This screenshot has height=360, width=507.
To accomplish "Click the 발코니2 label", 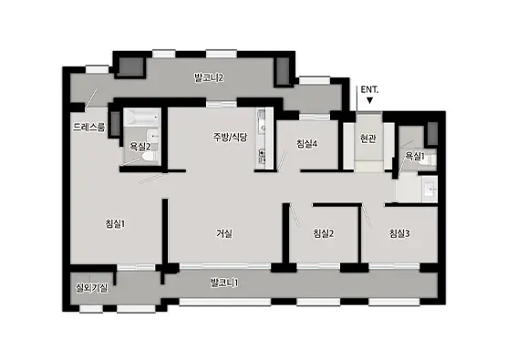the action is (x=209, y=77).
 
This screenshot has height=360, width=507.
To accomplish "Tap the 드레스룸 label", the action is (x=89, y=127).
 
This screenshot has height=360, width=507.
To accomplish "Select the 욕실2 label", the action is (x=140, y=147).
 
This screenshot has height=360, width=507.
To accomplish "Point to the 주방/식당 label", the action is (x=230, y=138).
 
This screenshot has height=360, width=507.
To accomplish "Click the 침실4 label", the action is (x=307, y=144).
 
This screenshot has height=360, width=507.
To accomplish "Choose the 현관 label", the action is (x=368, y=139).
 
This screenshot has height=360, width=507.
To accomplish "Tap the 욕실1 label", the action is (x=415, y=157).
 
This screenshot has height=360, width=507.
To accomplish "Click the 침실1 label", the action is (x=115, y=223).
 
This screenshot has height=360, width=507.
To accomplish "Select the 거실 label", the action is (x=224, y=233).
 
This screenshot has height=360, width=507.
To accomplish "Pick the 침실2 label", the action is (x=324, y=233).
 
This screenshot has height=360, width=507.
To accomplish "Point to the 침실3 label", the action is (x=399, y=233).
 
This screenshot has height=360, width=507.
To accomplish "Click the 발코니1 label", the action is (x=224, y=283).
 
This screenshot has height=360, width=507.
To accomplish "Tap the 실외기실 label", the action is (x=92, y=288).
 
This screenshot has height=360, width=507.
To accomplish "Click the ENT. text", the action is (x=369, y=89).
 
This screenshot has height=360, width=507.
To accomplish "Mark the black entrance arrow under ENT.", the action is (x=369, y=100).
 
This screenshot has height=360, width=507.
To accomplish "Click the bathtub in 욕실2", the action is (x=142, y=118).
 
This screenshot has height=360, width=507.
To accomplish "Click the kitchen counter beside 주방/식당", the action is (x=262, y=139).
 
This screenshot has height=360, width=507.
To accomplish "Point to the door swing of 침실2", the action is (x=295, y=214).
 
